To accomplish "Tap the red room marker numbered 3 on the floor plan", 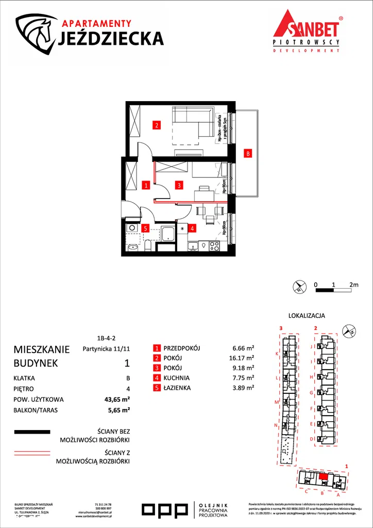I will [x=178, y=184].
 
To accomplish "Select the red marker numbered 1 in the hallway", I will [x=146, y=184].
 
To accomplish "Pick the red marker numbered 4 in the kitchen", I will [x=191, y=227].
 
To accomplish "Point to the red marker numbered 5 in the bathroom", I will [x=146, y=227].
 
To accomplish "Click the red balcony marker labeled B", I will [x=248, y=153].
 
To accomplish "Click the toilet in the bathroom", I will [x=148, y=244].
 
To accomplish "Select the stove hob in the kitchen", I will [x=214, y=246].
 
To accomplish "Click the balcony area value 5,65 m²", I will [x=119, y=410].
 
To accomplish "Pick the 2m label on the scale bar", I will [x=353, y=285].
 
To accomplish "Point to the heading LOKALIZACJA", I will [x=307, y=316].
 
